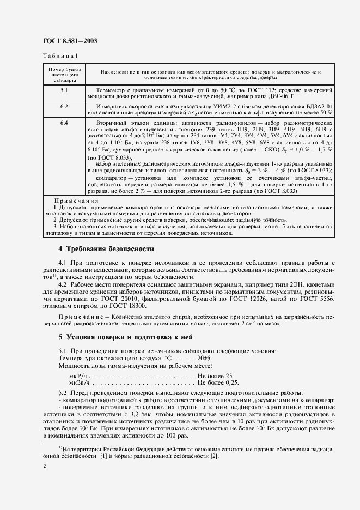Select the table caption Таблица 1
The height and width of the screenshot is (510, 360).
click(x=60, y=56)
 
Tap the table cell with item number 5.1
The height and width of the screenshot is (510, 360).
click(x=64, y=89)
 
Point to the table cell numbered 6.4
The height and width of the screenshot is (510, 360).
click(x=64, y=123)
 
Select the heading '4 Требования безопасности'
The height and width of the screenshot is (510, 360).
click(x=106, y=248)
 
